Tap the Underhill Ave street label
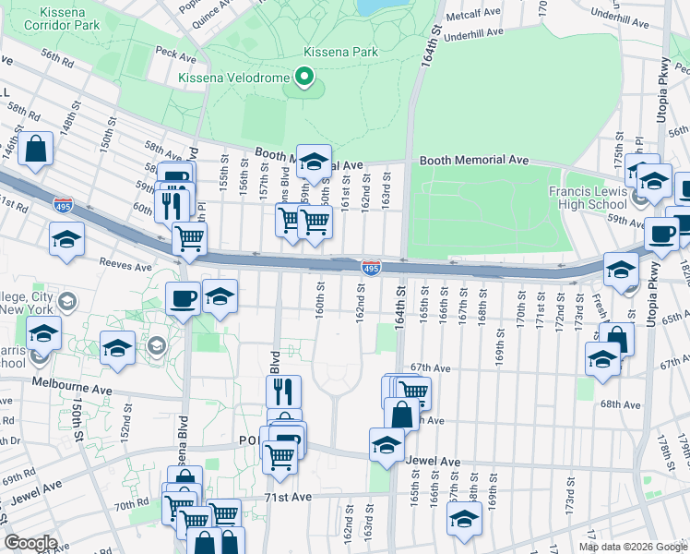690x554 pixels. (x=476, y=33)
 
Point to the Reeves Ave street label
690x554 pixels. (x=125, y=266)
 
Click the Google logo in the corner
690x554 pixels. (x=30, y=543)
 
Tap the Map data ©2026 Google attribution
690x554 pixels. (x=632, y=547)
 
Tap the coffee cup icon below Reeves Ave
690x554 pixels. (x=182, y=297)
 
